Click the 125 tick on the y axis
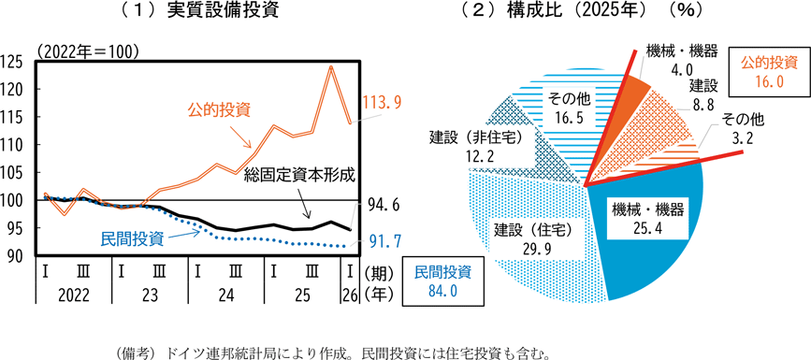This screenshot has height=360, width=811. [14, 62]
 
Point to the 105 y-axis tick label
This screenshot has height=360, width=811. [14, 172]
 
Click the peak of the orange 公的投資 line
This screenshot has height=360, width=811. [331, 66]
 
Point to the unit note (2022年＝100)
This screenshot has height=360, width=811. [87, 51]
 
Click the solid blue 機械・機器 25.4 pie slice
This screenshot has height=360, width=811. [651, 227]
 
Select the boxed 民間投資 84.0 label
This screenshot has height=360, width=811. [442, 281]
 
